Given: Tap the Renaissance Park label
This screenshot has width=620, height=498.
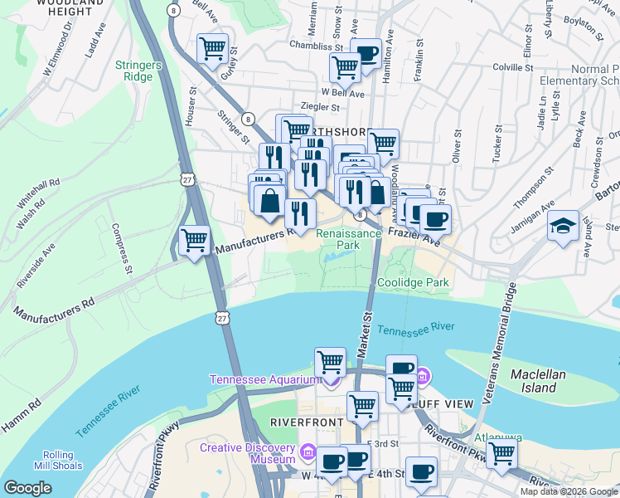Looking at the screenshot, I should click(349, 239).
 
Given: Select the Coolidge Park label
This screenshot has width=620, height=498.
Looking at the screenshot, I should click(413, 283).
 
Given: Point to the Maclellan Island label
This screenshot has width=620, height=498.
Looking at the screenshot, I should click(538, 381).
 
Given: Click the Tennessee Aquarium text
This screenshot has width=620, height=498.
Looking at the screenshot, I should click(264, 380).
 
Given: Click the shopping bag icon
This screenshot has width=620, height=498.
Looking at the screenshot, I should click(269, 201).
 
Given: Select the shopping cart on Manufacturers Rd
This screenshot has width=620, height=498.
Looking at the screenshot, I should click(195, 242).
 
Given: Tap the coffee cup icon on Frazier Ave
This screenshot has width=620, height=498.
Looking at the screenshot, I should click(434, 220).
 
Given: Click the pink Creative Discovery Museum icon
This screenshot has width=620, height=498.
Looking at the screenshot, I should click(308, 452).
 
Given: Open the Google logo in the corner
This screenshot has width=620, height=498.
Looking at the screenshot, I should click(28, 488).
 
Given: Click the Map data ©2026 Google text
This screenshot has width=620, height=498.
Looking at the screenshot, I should click(569, 491).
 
